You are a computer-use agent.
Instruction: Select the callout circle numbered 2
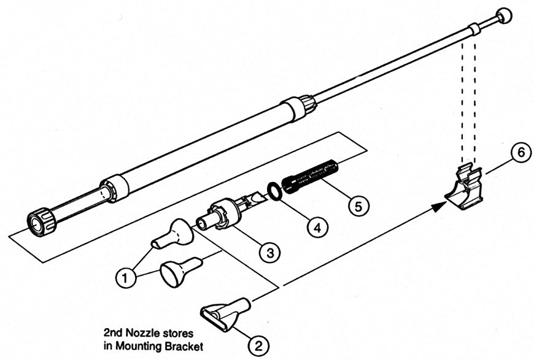[258, 345]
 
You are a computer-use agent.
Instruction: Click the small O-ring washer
[276, 191]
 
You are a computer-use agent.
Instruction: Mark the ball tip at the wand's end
[504, 16]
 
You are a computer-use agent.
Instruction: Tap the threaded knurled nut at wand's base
[40, 221]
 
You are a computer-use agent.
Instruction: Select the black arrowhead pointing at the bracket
[438, 207]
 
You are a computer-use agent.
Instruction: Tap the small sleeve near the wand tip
[474, 29]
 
